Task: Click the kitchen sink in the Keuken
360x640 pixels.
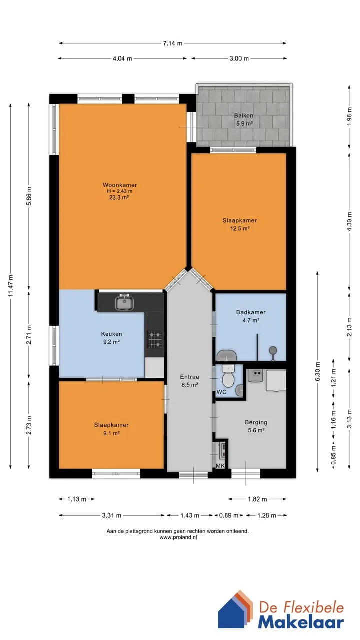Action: point(125,302)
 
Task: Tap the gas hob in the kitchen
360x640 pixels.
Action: point(154,339)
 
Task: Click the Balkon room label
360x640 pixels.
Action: point(243,115)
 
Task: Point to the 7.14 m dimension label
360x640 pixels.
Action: point(173,43)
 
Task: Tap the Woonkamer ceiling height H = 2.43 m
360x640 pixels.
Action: point(119,191)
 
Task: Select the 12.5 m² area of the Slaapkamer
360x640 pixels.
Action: point(240,228)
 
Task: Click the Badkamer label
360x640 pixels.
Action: point(251,312)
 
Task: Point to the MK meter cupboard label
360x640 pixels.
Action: point(220,466)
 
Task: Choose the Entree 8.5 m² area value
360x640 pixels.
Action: point(190,385)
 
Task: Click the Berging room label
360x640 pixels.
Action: point(256,422)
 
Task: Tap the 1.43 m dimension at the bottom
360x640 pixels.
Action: point(190,515)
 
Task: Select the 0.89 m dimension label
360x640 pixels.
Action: point(229,515)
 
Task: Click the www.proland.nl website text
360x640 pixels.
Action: point(178,537)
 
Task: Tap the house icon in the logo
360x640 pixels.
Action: point(235,610)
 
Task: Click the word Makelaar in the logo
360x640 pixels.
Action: point(301,622)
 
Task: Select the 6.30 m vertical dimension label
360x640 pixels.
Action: point(317,371)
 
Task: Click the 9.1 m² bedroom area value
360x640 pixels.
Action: point(111,433)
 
